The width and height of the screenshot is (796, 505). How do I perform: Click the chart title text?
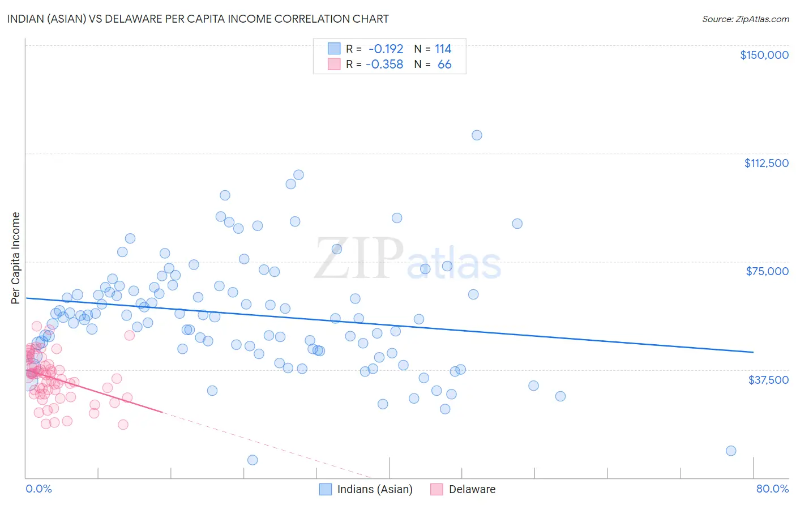pyautogui.click(x=198, y=19)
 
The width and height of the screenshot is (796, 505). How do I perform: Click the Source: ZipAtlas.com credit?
pyautogui.click(x=745, y=19)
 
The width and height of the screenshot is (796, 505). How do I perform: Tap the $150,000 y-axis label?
pyautogui.click(x=764, y=55)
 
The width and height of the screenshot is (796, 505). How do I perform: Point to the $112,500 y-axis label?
pyautogui.click(x=766, y=163)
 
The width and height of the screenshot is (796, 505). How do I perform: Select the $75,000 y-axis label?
pyautogui.click(x=767, y=271)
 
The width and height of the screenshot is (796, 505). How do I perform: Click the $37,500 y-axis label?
pyautogui.click(x=768, y=379)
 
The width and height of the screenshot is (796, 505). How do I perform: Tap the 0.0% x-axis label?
pyautogui.click(x=38, y=489)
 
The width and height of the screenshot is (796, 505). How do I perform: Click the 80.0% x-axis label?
pyautogui.click(x=772, y=489)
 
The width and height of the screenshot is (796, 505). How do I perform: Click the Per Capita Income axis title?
pyautogui.click(x=16, y=258)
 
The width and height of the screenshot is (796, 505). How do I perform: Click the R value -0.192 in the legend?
pyautogui.click(x=386, y=49)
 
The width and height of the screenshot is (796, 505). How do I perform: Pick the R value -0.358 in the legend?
pyautogui.click(x=384, y=65)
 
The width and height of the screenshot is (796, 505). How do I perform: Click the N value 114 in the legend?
pyautogui.click(x=443, y=49)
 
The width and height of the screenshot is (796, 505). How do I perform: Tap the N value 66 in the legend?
pyautogui.click(x=444, y=65)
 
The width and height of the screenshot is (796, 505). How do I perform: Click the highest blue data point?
pyautogui.click(x=477, y=135)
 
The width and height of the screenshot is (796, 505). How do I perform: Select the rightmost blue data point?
pyautogui.click(x=731, y=451)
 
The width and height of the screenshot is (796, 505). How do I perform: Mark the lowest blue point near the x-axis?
pyautogui.click(x=253, y=460)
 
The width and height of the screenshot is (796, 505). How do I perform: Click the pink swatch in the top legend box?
pyautogui.click(x=334, y=64)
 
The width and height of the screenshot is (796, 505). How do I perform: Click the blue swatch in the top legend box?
pyautogui.click(x=334, y=49)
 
